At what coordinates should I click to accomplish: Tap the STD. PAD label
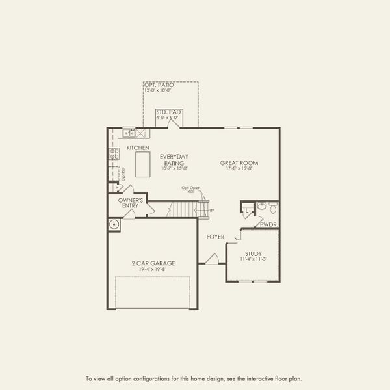pyautogui.click(x=168, y=112)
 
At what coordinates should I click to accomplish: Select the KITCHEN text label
pyautogui.click(x=138, y=148)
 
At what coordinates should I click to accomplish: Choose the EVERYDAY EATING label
pyautogui.click(x=174, y=160)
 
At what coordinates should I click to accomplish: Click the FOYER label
pyautogui.click(x=216, y=237)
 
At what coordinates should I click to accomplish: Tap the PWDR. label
pyautogui.click(x=268, y=224)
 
